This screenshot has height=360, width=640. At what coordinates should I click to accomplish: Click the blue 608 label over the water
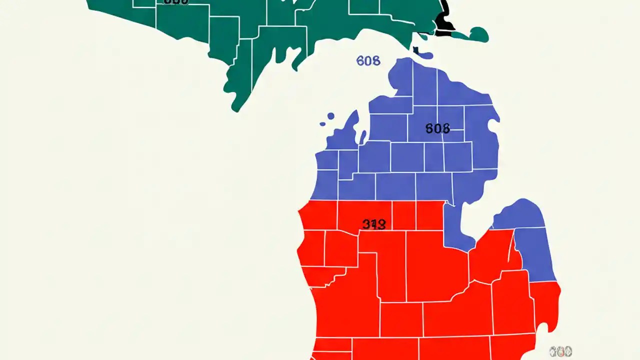(x=368, y=61)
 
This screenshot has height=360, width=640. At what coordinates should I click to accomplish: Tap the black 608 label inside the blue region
(x=437, y=128)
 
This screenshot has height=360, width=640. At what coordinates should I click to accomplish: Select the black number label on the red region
(x=374, y=224)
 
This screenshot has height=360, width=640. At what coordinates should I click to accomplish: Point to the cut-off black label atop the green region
(x=176, y=2)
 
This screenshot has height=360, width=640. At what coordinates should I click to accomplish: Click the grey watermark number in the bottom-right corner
(x=560, y=351)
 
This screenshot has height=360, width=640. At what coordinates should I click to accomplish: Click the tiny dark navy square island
(x=415, y=49)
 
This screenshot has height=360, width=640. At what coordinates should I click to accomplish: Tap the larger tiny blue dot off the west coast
(x=330, y=116)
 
